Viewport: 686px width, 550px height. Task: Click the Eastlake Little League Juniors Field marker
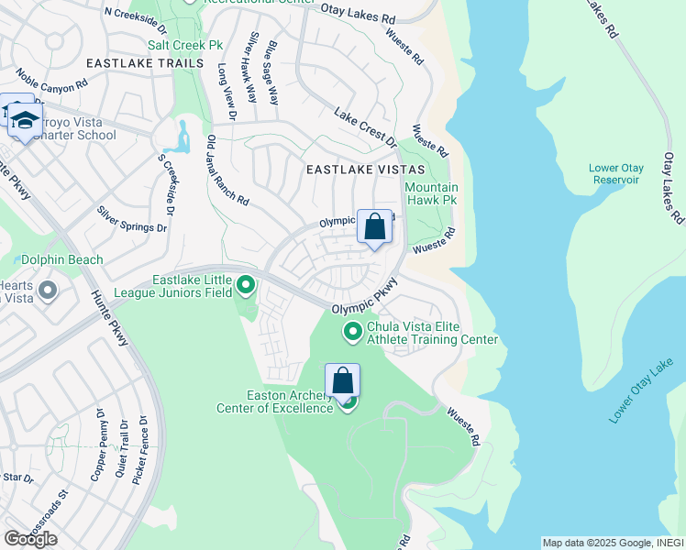246,287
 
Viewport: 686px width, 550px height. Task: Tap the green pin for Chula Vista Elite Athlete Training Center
352,331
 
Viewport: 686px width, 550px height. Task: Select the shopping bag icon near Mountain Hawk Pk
374,226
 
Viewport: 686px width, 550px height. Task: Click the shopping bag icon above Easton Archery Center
342,380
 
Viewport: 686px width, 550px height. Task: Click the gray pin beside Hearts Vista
48,291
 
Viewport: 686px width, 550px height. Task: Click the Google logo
30,538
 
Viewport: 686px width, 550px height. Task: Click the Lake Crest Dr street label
365,129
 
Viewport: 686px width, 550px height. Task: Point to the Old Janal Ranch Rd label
227,170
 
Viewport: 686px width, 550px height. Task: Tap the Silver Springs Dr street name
132,218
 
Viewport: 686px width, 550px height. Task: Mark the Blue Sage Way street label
271,65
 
